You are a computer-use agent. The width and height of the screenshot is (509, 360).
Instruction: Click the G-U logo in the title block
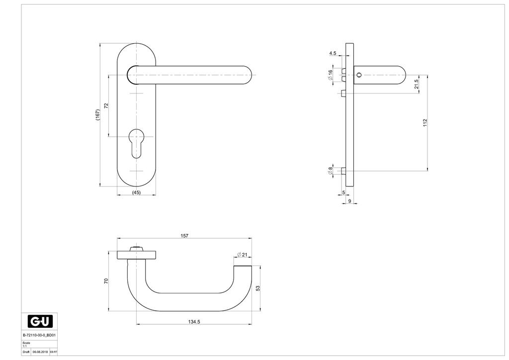coord(40,321)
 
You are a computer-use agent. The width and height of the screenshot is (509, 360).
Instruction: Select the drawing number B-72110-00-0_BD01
coord(37,335)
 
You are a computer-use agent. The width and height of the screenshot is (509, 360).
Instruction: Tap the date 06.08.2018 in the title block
coord(40,352)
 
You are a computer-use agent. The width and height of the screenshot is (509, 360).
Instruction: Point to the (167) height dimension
coord(98,115)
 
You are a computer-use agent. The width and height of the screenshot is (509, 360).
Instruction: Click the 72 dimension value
coord(105,105)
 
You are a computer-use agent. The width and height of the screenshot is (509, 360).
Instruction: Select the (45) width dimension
coord(136,192)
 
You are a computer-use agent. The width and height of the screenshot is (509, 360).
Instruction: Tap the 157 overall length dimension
coord(184,236)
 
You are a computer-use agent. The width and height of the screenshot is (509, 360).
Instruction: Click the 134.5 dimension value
coord(194,322)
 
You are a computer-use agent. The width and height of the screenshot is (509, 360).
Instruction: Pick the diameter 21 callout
coord(242,255)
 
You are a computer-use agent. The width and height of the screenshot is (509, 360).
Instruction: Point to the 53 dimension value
coord(258,288)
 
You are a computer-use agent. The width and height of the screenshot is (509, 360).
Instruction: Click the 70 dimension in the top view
coord(105,281)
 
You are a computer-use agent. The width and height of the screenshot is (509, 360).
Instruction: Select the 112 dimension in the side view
coord(425,122)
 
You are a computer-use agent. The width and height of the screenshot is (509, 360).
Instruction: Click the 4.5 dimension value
coord(333,53)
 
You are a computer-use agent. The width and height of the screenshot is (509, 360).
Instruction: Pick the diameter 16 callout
coord(330,75)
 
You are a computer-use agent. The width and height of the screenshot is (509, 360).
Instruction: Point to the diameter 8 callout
coord(330,171)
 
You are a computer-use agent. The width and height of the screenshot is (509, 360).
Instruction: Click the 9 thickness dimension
coord(349,201)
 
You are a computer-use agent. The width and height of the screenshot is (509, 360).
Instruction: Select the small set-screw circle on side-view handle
coord(359,75)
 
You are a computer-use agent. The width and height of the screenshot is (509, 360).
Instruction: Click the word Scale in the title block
coord(26,343)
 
